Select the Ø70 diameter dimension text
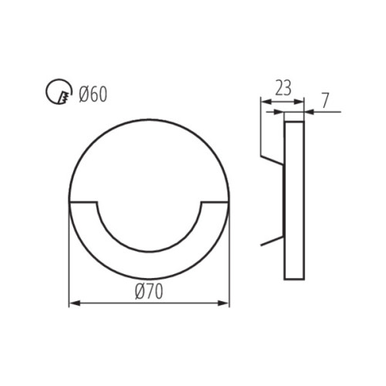(150, 291)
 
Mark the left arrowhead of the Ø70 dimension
(73, 303)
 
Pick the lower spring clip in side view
(272, 241)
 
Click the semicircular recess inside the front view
(150, 224)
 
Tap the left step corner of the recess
(97, 203)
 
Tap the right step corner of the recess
(201, 203)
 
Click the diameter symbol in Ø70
(140, 291)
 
